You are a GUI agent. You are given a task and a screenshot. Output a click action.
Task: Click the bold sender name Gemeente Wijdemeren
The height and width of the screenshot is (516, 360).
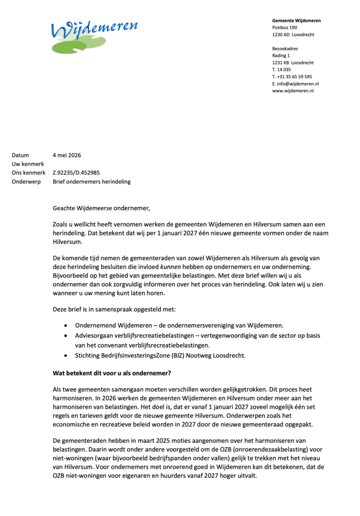point(296,21)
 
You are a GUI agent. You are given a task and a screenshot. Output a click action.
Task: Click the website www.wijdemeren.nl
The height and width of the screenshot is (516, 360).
point(293,91)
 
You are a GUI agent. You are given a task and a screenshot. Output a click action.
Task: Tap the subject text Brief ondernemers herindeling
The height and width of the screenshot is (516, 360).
point(92,181)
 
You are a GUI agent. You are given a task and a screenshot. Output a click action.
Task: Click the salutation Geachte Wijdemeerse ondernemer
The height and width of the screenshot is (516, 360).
point(102,208)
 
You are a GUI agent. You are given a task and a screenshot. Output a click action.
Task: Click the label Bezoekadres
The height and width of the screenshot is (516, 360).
point(285,49)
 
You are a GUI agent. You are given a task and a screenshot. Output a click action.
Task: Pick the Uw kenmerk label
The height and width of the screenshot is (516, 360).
point(28,164)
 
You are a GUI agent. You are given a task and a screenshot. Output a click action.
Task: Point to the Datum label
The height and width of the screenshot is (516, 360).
point(21,155)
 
